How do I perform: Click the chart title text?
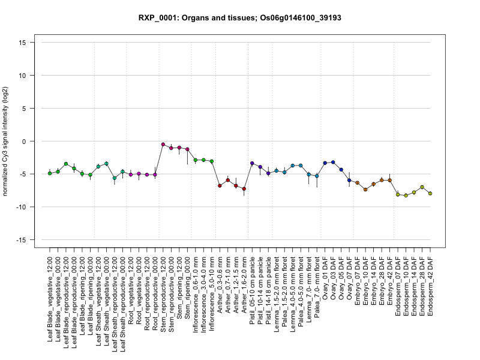239,18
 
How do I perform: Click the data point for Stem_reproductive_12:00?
163,144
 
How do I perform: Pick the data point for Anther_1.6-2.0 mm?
244,189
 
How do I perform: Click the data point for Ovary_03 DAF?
333,162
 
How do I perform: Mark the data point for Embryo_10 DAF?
365,190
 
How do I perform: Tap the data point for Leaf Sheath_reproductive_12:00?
115,178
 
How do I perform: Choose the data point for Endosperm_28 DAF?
422,187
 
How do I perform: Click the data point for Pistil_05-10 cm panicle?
252,163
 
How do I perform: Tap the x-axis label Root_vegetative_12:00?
131,286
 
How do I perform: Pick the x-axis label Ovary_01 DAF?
325,277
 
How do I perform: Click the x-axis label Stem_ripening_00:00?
187,285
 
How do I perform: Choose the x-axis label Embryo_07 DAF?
358,278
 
